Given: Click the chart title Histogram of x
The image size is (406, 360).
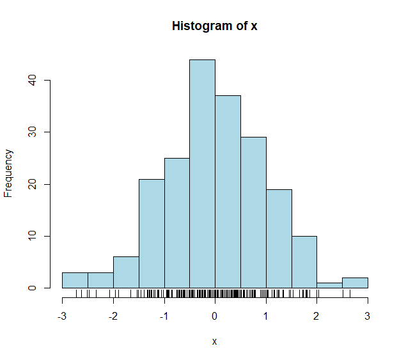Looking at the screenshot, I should [214, 26].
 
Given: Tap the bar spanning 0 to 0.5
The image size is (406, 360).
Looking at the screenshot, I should [228, 192].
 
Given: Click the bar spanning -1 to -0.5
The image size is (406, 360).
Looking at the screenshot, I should [177, 223].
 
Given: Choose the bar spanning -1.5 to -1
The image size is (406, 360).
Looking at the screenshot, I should [152, 233].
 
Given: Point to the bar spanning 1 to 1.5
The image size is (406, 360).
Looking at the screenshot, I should [279, 239].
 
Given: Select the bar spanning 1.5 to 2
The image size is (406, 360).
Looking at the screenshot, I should [304, 262].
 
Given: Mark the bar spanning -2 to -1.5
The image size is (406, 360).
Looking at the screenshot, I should [126, 272].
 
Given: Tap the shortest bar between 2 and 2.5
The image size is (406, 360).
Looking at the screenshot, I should [329, 285].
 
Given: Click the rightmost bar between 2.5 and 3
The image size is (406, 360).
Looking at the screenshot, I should [355, 283].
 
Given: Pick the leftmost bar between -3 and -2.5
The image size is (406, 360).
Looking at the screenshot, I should [75, 280].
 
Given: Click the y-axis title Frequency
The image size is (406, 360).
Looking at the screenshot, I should [9, 173].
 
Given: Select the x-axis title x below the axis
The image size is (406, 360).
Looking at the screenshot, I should [215, 341].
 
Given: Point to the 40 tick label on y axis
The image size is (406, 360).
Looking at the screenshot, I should [31, 81].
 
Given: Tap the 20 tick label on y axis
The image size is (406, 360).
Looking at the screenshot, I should [31, 184].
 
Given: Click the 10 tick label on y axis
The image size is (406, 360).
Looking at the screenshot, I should [31, 236].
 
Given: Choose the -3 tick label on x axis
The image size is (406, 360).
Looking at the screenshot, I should [61, 316].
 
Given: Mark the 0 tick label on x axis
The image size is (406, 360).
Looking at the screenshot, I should [215, 316].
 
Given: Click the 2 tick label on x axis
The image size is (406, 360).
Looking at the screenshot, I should [316, 316].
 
